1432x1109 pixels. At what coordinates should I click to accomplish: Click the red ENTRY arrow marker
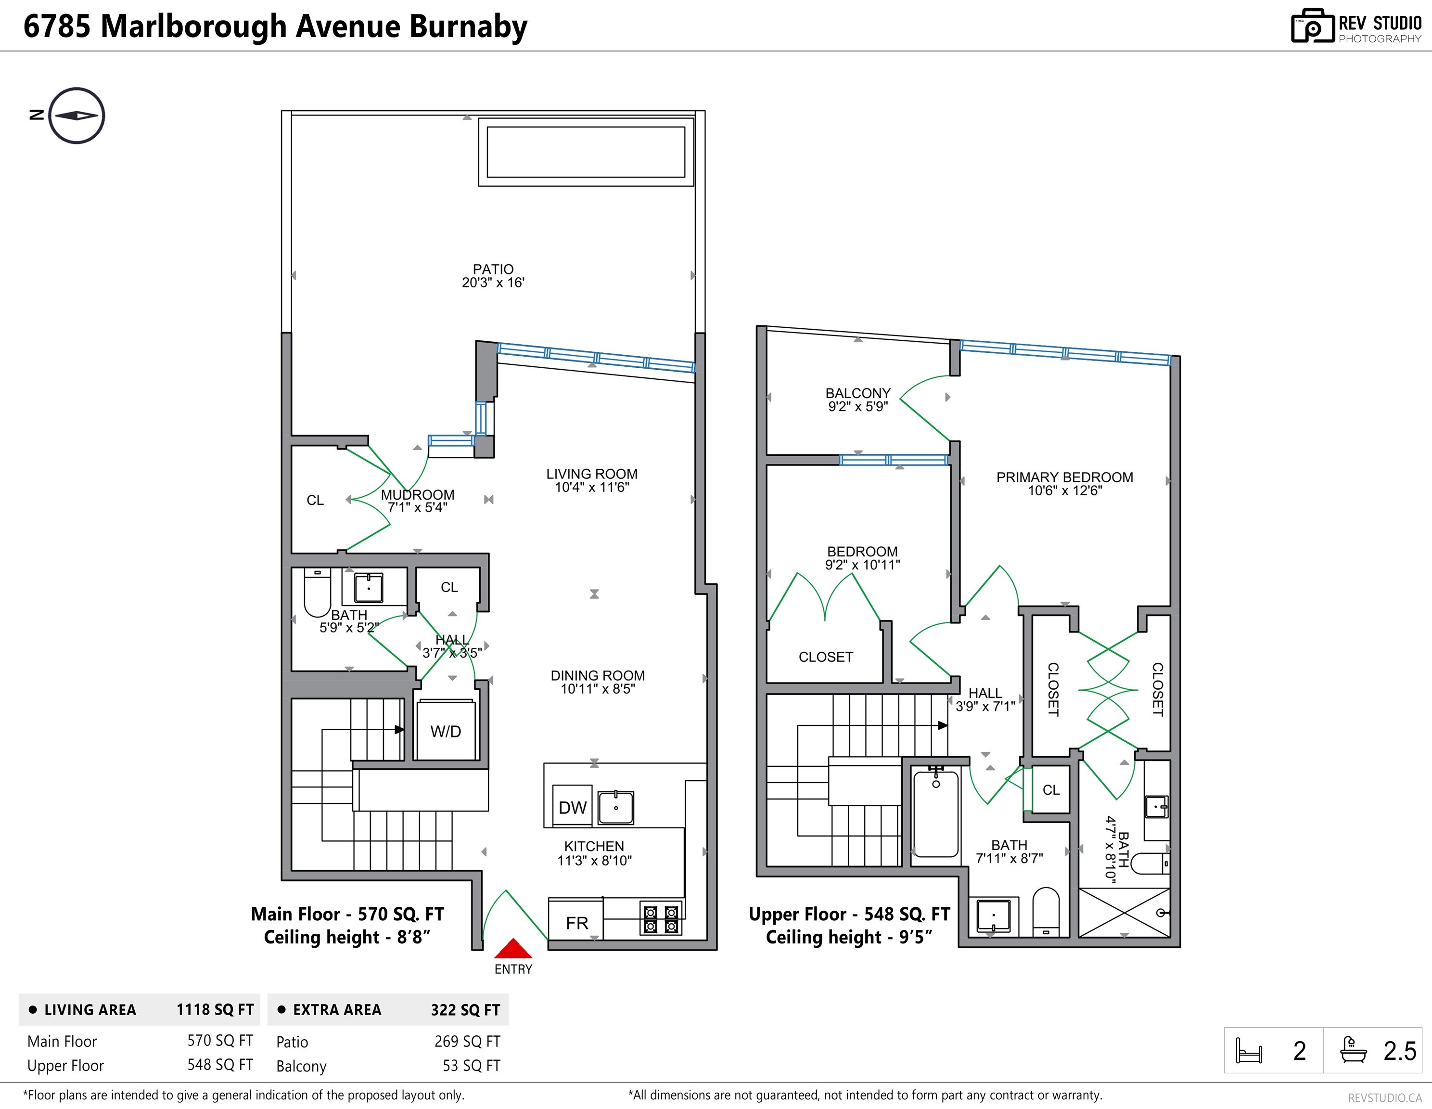pyautogui.click(x=513, y=948)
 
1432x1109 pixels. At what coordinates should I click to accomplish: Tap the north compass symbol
pyautogui.click(x=77, y=116)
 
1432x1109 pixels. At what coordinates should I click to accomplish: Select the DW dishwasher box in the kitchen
pyautogui.click(x=573, y=806)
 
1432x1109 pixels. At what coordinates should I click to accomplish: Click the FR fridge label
pyautogui.click(x=577, y=923)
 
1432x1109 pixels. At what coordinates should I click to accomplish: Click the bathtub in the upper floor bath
pyautogui.click(x=935, y=814)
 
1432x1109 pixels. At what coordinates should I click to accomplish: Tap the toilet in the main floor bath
pyautogui.click(x=318, y=592)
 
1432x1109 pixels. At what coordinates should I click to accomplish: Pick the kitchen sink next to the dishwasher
pyautogui.click(x=616, y=807)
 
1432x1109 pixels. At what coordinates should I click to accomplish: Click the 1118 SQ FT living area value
pyautogui.click(x=215, y=1010)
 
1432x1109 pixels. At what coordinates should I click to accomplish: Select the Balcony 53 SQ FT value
pyautogui.click(x=472, y=1066)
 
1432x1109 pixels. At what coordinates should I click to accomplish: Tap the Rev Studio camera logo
pyautogui.click(x=1313, y=26)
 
